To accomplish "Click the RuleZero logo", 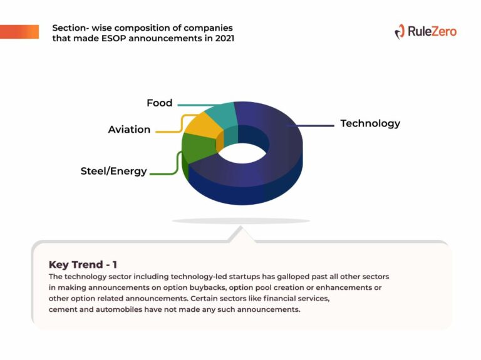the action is [x=426, y=31].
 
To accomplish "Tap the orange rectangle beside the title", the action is [x=19, y=31].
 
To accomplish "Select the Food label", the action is [x=160, y=103].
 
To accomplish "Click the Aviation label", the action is [x=129, y=130].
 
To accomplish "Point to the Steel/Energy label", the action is [x=113, y=171].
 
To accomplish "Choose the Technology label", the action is [x=370, y=123].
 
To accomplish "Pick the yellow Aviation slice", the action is [x=202, y=127].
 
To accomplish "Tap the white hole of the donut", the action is [x=242, y=153].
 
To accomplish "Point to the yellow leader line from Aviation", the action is [x=181, y=123].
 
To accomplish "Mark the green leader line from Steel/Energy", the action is [x=177, y=163].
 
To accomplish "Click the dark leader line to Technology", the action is [x=311, y=125].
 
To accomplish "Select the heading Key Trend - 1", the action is [x=83, y=264].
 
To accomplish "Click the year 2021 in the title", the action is [x=225, y=38].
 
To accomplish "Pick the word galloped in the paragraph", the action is [x=293, y=277].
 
